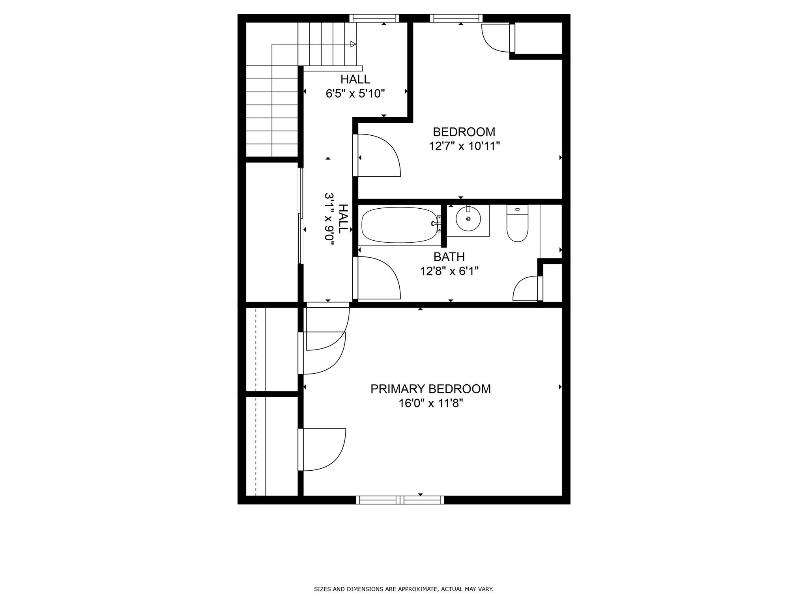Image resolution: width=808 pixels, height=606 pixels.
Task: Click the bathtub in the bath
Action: [x=399, y=225]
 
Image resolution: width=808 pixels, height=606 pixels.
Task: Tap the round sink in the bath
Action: [x=468, y=219]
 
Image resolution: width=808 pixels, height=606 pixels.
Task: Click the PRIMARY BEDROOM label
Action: [x=430, y=389]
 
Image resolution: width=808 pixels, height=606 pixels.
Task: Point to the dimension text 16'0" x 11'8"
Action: [x=430, y=404]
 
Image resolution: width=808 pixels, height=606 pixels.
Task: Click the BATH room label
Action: [x=449, y=257]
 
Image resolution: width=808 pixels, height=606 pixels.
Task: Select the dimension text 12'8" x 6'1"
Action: [x=449, y=271]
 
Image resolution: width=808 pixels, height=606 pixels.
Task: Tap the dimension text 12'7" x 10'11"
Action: [x=464, y=146]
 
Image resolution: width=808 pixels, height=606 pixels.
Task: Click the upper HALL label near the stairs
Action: [x=355, y=79]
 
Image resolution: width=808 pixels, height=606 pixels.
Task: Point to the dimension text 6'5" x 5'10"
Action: [x=355, y=94]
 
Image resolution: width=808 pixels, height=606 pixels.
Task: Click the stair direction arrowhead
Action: [x=353, y=44]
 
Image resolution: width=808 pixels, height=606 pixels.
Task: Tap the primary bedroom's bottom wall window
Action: [x=400, y=500]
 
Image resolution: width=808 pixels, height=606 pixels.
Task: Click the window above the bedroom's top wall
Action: [x=456, y=18]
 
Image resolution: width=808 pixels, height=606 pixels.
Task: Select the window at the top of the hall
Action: [x=374, y=18]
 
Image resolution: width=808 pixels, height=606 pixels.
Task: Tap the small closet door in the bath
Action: [x=527, y=289]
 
